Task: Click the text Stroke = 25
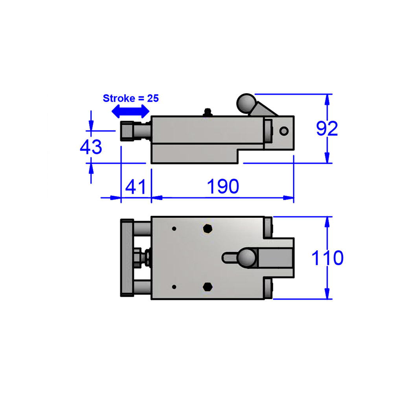pyautogui.click(x=130, y=98)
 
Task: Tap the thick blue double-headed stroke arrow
pyautogui.click(x=130, y=112)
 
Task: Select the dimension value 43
pyautogui.click(x=91, y=147)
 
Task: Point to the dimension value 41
pyautogui.click(x=135, y=186)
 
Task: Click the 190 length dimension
pyautogui.click(x=223, y=186)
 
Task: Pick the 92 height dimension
pyautogui.click(x=327, y=129)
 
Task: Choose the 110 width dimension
pyautogui.click(x=327, y=258)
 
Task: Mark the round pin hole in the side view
pyautogui.click(x=284, y=131)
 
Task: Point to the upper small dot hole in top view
pyautogui.click(x=174, y=228)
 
